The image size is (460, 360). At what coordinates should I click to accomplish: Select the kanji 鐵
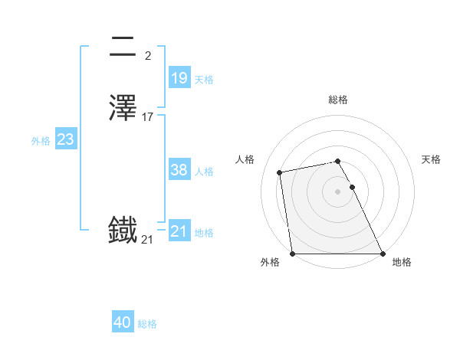[123, 230]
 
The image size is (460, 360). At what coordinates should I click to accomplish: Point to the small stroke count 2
[147, 55]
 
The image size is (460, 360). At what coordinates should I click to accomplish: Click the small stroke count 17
[148, 117]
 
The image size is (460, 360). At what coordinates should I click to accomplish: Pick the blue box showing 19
[179, 77]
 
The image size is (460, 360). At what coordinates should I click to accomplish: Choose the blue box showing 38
[179, 171]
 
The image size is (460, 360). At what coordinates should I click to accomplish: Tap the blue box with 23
[65, 139]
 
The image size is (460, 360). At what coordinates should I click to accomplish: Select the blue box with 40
[123, 322]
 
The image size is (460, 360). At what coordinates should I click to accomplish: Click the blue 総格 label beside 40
[147, 324]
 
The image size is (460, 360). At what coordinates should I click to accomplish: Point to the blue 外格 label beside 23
[40, 141]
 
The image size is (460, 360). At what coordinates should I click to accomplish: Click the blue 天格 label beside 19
[204, 80]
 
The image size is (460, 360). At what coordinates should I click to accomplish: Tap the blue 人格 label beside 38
[204, 172]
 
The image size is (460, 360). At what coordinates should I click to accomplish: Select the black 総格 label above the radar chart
[337, 100]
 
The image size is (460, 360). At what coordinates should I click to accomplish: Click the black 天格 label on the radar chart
[431, 159]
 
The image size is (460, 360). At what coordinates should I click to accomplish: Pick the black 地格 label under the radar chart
[402, 263]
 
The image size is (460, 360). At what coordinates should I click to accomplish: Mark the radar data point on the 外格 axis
[292, 253]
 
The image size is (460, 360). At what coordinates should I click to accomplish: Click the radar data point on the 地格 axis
[383, 253]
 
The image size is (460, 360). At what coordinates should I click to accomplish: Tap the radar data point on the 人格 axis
[280, 172]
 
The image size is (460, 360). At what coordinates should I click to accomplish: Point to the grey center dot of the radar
[337, 191]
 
